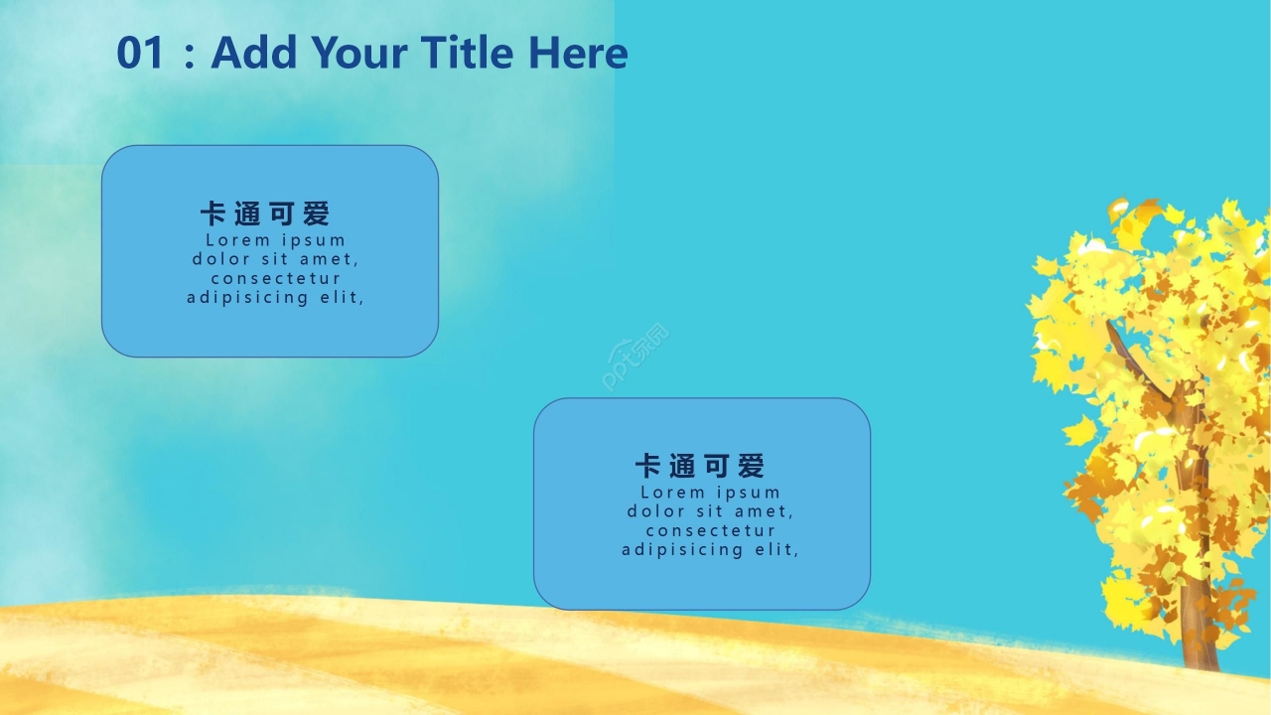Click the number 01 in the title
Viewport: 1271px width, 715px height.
[x=140, y=53]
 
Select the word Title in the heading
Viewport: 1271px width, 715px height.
[x=467, y=52]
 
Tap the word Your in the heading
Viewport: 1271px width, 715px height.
[x=359, y=53]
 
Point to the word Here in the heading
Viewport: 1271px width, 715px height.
[x=578, y=53]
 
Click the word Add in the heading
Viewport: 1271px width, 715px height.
[x=253, y=52]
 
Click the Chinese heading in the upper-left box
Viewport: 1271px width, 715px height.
[x=265, y=214]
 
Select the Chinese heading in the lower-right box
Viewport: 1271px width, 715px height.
[x=700, y=466]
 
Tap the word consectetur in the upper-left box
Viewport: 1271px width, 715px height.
[x=276, y=279]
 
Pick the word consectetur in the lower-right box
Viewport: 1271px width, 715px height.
[x=710, y=530]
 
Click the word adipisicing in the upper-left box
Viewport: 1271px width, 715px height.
[x=247, y=297]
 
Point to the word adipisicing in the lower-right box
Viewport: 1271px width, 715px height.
[x=682, y=550]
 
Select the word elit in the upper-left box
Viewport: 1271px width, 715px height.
[x=342, y=297]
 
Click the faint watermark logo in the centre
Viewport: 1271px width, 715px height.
[x=635, y=357]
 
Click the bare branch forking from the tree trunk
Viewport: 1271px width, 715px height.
[x=1135, y=358]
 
